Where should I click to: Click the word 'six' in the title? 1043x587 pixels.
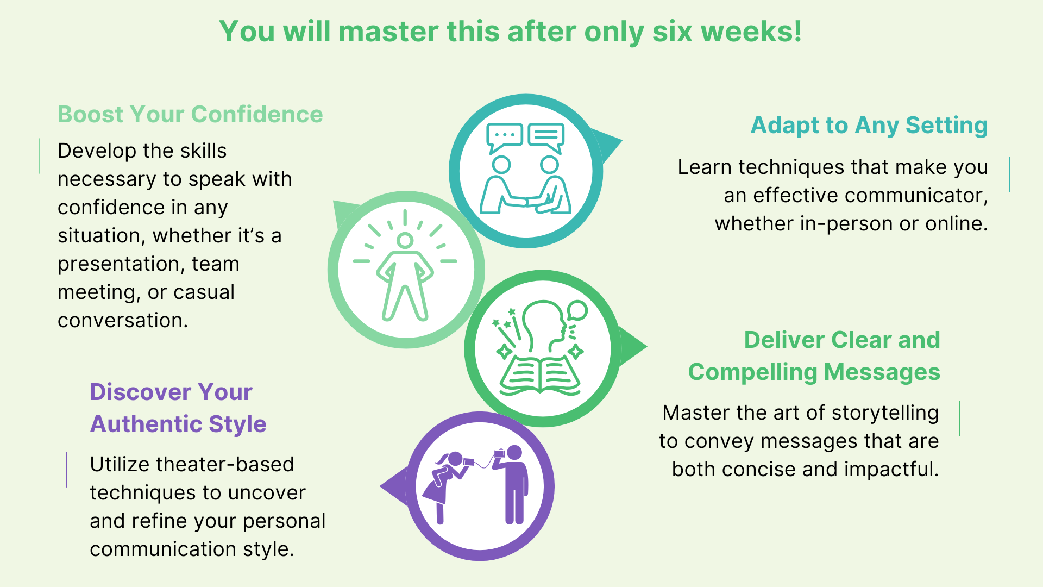point(673,32)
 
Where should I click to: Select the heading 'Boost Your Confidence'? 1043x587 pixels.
point(190,115)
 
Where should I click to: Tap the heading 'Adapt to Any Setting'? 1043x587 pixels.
point(869,126)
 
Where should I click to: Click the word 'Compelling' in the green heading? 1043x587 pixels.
point(752,373)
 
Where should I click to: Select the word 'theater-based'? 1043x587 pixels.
point(224,465)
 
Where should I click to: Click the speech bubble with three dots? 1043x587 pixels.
point(504,136)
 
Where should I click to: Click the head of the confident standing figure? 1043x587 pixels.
point(405,240)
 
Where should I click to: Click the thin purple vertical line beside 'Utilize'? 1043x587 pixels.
point(67,470)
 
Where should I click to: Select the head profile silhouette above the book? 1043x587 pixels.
point(543,326)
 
